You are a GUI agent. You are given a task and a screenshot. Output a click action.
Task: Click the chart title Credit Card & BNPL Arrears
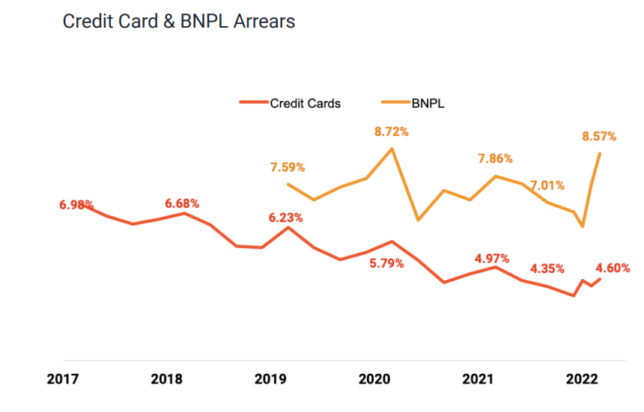click(x=178, y=22)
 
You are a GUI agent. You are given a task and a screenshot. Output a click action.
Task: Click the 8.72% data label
click(x=392, y=132)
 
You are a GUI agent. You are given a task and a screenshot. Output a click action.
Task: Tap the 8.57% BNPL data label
click(x=599, y=136)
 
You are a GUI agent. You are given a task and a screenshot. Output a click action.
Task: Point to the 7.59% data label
click(x=288, y=167)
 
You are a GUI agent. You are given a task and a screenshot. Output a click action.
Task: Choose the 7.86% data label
click(x=495, y=159)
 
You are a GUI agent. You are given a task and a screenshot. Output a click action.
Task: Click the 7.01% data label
click(x=547, y=185)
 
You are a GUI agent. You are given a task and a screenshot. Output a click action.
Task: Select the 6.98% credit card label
click(x=76, y=204)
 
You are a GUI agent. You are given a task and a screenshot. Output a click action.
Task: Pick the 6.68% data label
click(x=183, y=203)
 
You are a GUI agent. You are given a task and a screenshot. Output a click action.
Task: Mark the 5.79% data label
click(x=387, y=263)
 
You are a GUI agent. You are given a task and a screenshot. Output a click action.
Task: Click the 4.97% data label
click(x=492, y=259)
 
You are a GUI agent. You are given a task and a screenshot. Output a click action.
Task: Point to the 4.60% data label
click(x=613, y=268)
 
